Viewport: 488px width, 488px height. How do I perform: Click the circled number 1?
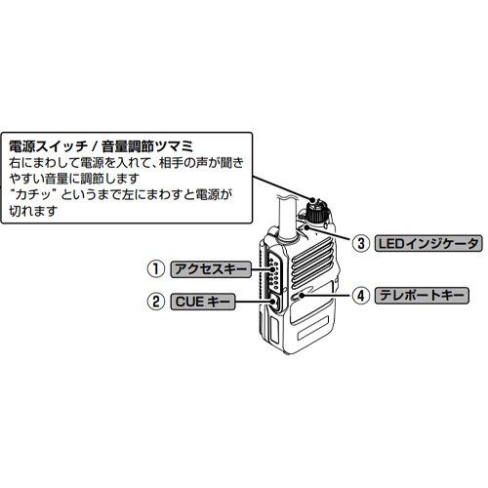(156, 268)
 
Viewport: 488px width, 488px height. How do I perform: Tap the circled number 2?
(156, 302)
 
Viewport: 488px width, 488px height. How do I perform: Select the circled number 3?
(361, 243)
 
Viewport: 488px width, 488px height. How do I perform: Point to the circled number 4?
(361, 296)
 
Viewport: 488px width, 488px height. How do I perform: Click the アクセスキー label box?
(211, 269)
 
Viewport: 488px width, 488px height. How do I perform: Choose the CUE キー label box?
(203, 302)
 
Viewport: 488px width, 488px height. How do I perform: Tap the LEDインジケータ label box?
(428, 243)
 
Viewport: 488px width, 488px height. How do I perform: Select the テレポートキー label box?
(422, 296)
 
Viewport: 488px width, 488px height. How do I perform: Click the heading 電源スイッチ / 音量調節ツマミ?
(102, 146)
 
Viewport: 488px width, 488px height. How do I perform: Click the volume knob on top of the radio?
(316, 211)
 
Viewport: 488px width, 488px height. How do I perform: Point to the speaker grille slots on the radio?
(311, 264)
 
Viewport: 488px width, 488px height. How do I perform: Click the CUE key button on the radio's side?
(275, 303)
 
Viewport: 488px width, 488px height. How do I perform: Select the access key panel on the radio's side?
(274, 272)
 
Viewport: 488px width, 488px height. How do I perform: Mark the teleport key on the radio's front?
(299, 296)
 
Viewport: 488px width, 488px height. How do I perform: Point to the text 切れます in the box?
(33, 211)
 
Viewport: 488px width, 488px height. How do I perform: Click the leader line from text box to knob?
(282, 187)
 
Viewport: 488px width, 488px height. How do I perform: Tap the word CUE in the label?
(189, 302)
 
